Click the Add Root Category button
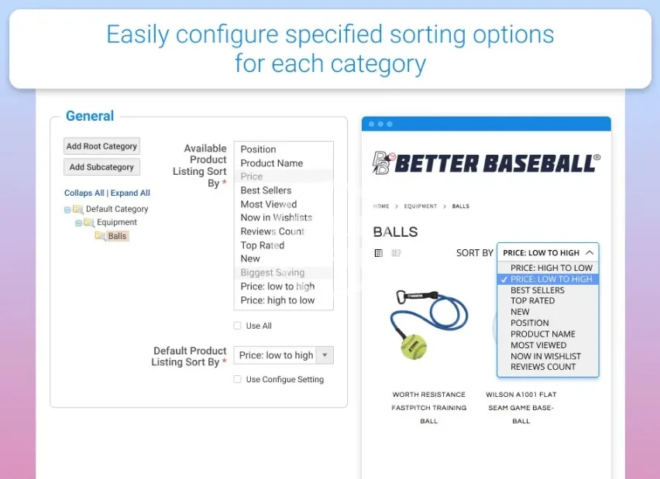tap(101, 146)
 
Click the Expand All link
tap(130, 193)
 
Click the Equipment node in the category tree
tap(117, 222)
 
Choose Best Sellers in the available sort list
tap(266, 190)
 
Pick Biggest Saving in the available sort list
tap(273, 272)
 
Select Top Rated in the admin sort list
tap(263, 245)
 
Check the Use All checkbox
tap(237, 326)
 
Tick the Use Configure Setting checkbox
tap(237, 379)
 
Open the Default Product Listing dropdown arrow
tap(325, 355)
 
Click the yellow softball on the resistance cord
tap(414, 347)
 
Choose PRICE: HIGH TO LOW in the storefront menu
tap(552, 268)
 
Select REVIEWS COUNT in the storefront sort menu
tap(543, 367)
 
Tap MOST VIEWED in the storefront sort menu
tap(538, 345)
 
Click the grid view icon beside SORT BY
tap(378, 253)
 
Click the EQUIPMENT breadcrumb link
tap(421, 206)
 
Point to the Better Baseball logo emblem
tap(383, 163)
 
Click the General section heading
tap(90, 115)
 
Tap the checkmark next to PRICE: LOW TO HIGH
tap(504, 279)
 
